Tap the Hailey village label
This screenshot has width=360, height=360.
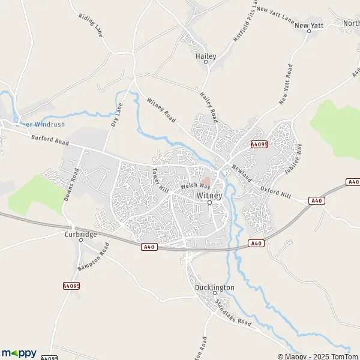(206, 56)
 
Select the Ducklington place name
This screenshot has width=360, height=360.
(214, 288)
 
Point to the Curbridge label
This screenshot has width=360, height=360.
(80, 235)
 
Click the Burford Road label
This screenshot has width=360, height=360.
(50, 140)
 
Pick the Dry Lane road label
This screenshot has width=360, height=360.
(116, 114)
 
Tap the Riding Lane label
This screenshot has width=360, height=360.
(91, 25)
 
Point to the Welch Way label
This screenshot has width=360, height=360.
(193, 186)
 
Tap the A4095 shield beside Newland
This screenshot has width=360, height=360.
(259, 145)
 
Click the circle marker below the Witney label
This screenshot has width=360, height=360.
(209, 203)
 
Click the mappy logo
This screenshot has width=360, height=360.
(19, 353)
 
